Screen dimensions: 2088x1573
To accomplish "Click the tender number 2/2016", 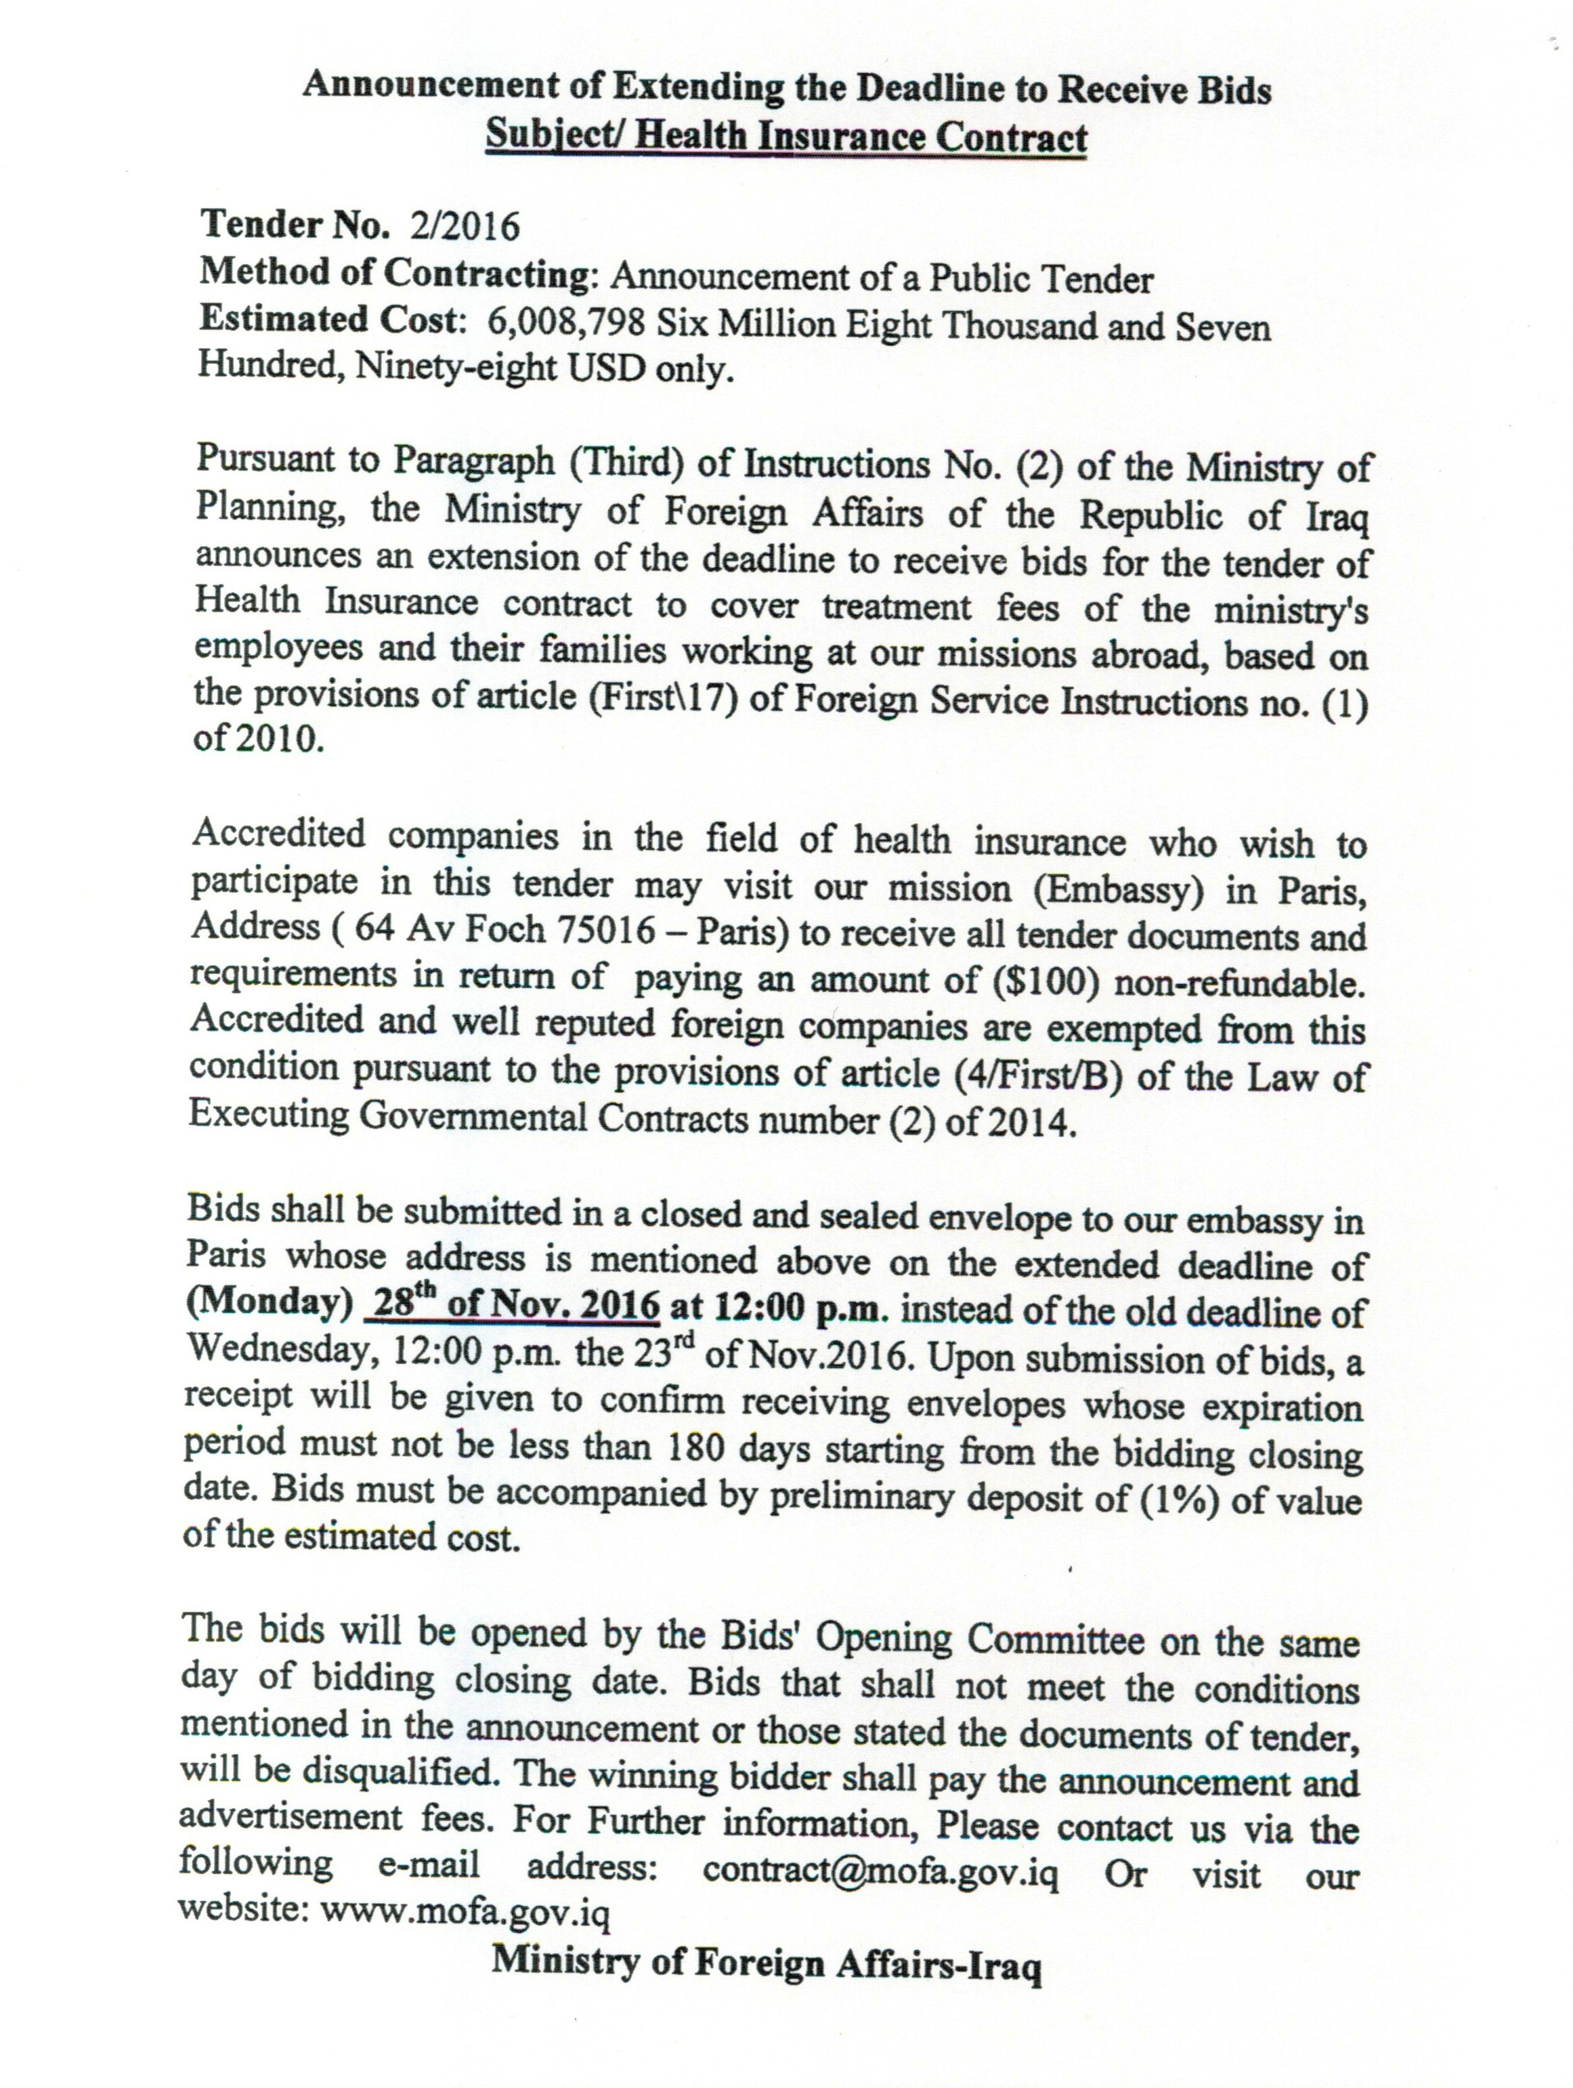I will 465,227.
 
